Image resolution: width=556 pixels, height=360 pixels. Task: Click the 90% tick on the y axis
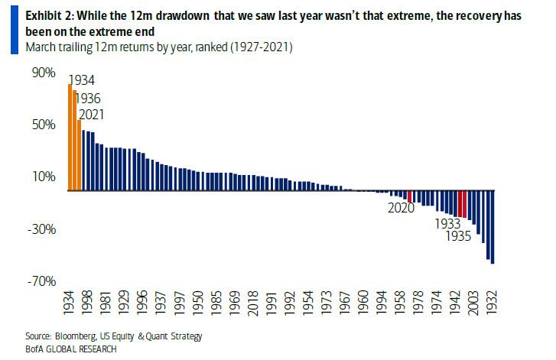[x=43, y=73]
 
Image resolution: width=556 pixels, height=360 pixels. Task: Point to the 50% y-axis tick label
[x=43, y=125]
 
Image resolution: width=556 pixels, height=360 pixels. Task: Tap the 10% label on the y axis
[x=43, y=177]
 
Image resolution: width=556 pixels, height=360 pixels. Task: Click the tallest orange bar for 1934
[x=70, y=138]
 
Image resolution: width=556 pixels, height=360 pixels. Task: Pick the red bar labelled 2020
[x=411, y=196]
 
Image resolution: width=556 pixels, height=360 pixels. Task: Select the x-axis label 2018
[x=252, y=304]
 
